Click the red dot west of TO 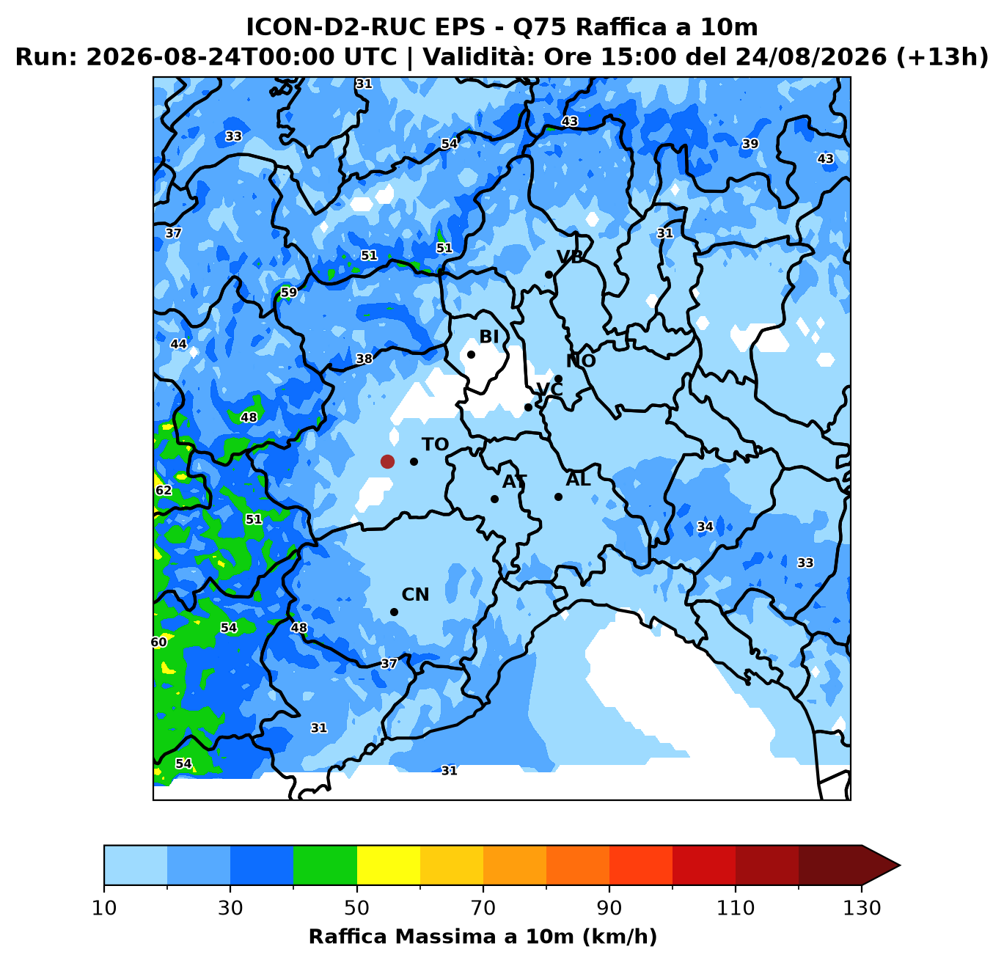[387, 461]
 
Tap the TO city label [435, 444]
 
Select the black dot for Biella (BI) [471, 354]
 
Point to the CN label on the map [415, 595]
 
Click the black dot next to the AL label [558, 497]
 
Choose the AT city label [514, 481]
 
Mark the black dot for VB [549, 274]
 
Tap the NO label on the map [581, 361]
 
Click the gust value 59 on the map [289, 293]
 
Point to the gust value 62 [164, 490]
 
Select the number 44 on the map [178, 344]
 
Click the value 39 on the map [750, 144]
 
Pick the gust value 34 [706, 527]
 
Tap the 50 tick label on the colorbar [357, 908]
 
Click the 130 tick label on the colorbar [862, 908]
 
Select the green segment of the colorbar [325, 865]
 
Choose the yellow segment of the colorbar [389, 865]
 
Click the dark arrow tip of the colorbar [899, 865]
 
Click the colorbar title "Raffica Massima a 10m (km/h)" [483, 936]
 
